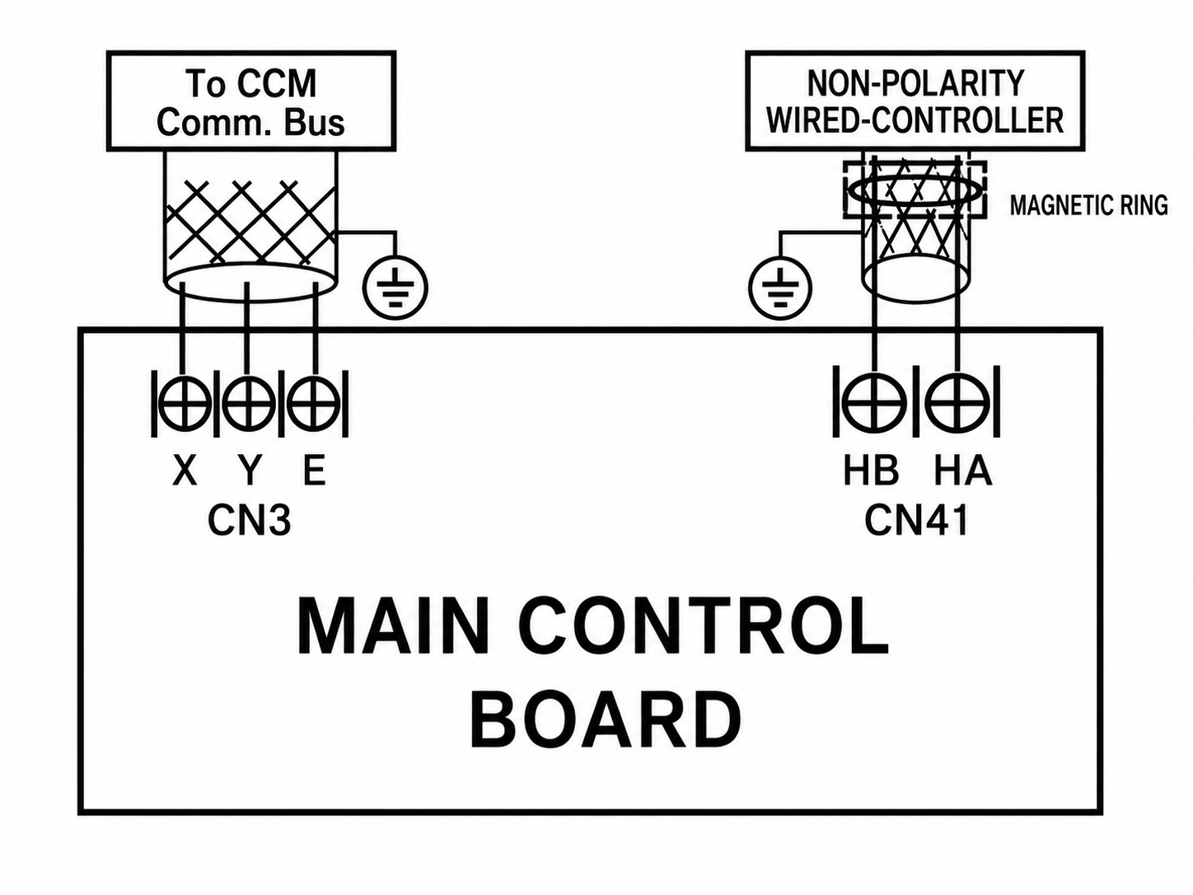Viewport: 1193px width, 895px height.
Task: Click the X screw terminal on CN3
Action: [184, 405]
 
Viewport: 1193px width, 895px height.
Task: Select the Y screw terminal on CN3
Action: [248, 405]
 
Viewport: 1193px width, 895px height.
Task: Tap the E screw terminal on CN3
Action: [312, 405]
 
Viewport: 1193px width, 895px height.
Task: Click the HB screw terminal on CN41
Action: [874, 404]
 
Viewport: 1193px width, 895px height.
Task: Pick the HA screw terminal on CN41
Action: [957, 404]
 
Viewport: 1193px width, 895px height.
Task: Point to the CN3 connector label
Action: [250, 520]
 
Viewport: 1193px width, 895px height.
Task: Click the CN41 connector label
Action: [916, 520]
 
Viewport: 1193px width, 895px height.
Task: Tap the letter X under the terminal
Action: [185, 471]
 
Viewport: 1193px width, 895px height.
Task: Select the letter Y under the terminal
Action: [250, 471]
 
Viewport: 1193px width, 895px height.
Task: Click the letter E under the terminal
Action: [314, 471]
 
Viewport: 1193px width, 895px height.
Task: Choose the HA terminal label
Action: [963, 471]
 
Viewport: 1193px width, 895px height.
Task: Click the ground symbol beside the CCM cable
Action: [395, 288]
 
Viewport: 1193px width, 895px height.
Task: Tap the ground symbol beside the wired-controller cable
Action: [780, 288]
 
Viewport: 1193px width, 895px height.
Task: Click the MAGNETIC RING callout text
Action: [1088, 205]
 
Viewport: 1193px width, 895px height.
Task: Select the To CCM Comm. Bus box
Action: [251, 101]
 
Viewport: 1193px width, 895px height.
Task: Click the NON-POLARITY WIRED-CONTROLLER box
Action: [915, 101]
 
